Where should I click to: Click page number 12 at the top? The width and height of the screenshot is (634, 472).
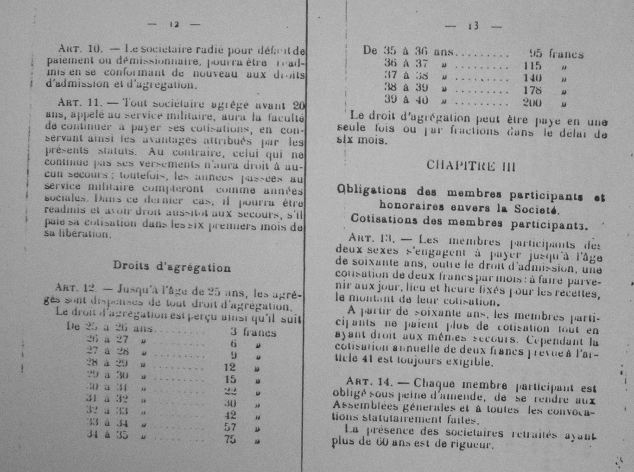point(174,25)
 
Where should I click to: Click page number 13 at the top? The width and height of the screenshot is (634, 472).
point(473,26)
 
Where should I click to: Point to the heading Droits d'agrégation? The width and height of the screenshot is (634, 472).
point(171,267)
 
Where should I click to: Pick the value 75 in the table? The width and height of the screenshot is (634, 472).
point(230,439)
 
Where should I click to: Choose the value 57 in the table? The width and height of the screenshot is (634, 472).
point(230,427)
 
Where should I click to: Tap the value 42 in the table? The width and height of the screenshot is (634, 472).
point(230,415)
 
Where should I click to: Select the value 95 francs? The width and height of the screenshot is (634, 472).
point(556,54)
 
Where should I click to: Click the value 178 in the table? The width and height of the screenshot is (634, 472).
point(532,90)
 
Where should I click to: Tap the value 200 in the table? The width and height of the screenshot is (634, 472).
point(532,102)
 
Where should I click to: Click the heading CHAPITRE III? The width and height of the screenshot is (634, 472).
point(471,166)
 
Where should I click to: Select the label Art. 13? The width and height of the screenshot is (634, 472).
point(370,239)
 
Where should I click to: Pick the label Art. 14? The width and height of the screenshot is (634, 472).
point(368,382)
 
